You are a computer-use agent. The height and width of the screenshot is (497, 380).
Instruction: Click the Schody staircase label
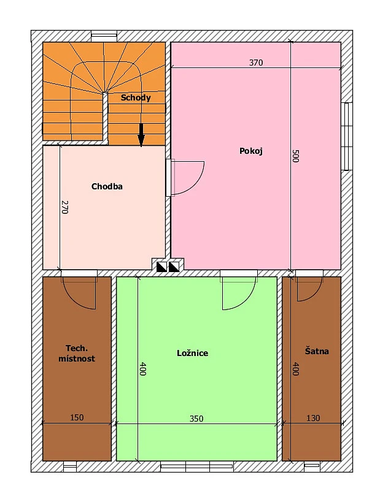click(136, 97)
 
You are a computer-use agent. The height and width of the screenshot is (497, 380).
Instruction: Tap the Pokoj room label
click(251, 151)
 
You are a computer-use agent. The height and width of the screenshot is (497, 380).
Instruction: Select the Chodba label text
click(107, 186)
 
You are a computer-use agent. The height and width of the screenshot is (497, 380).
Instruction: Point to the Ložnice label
click(192, 353)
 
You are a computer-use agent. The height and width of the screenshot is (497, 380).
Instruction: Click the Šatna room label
click(317, 351)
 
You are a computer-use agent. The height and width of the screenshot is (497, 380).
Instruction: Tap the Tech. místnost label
click(77, 354)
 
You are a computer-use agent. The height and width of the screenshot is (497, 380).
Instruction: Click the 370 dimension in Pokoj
click(256, 63)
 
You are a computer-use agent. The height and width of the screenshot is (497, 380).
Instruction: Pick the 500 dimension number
click(295, 156)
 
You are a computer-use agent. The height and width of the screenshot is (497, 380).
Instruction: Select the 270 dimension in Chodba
click(64, 207)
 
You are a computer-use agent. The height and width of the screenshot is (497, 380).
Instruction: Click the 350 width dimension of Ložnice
click(196, 419)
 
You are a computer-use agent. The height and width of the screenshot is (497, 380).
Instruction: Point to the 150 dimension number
click(77, 417)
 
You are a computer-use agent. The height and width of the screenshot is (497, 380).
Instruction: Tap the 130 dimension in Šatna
click(313, 418)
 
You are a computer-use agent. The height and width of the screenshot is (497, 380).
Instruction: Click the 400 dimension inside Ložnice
click(142, 369)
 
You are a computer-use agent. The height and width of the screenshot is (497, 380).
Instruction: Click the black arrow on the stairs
click(141, 135)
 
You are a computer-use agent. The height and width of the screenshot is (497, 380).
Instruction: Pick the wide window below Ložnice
click(197, 466)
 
